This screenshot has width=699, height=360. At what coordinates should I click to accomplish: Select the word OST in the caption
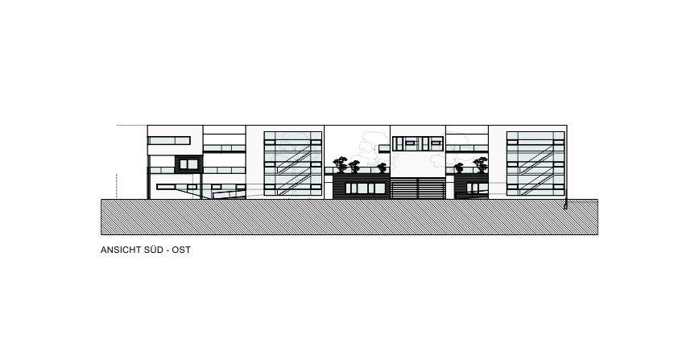[181, 250]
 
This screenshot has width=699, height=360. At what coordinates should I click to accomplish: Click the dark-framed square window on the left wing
[188, 164]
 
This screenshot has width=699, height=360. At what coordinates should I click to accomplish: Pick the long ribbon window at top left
[169, 140]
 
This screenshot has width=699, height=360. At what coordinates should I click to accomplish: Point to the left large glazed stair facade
[293, 163]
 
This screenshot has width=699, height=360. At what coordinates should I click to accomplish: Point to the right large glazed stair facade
[536, 163]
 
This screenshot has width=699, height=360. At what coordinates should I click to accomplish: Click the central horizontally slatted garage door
[418, 188]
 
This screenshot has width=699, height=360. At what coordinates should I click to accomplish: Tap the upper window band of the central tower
[418, 143]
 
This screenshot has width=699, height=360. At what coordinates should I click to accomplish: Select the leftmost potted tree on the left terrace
[340, 164]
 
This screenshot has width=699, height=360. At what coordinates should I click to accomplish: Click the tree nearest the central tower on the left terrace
[382, 168]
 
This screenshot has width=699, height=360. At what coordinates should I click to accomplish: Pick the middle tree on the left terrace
[354, 167]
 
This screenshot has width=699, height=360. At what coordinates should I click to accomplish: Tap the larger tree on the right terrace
[481, 164]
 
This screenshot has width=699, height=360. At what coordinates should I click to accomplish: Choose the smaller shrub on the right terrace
[459, 168]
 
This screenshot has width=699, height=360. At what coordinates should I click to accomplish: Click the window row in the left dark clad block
[366, 188]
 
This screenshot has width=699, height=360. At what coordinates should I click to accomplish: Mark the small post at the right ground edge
[565, 205]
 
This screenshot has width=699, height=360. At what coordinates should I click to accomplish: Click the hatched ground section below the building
[349, 217]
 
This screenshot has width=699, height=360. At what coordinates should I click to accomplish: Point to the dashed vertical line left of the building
[116, 185]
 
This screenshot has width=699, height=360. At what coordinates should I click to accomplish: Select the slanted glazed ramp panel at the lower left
[230, 194]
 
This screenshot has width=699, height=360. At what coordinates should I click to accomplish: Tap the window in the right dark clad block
[477, 188]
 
